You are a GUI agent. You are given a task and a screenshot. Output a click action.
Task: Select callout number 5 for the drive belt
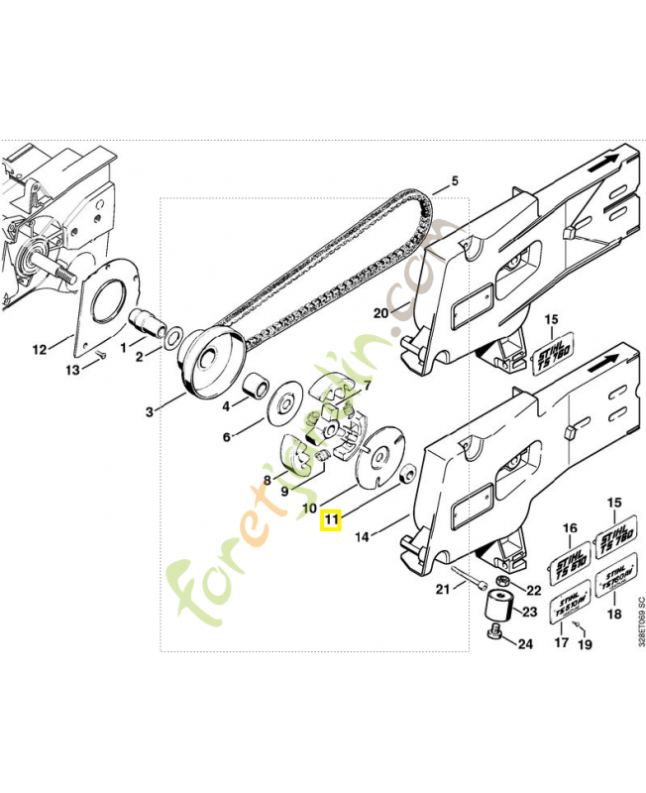[455, 180]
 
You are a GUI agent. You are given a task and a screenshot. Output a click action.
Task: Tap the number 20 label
[380, 313]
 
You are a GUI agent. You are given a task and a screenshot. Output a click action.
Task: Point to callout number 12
[40, 349]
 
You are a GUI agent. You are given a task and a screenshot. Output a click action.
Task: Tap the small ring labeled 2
[174, 339]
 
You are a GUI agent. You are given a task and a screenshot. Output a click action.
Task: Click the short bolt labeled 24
[494, 634]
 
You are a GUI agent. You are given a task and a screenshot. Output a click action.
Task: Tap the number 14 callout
[362, 536]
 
